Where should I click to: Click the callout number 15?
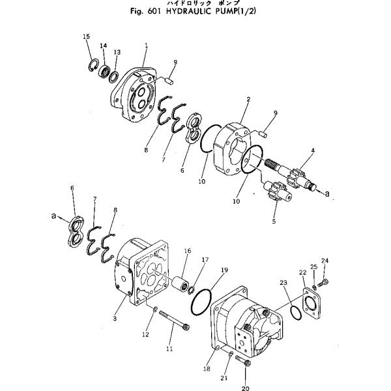pyautogui.click(x=86, y=36)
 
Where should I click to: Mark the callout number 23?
pyautogui.click(x=283, y=282)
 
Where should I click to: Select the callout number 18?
pyautogui.click(x=207, y=369)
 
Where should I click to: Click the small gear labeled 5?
pyautogui.click(x=276, y=194)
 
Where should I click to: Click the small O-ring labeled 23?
pyautogui.click(x=295, y=313)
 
